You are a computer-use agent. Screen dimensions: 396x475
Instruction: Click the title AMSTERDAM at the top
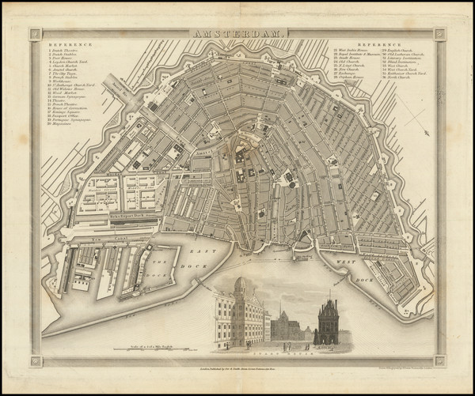(237, 34)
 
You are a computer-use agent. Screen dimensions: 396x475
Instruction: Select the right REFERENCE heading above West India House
(378, 45)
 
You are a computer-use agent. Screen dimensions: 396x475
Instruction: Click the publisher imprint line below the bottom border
(237, 370)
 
